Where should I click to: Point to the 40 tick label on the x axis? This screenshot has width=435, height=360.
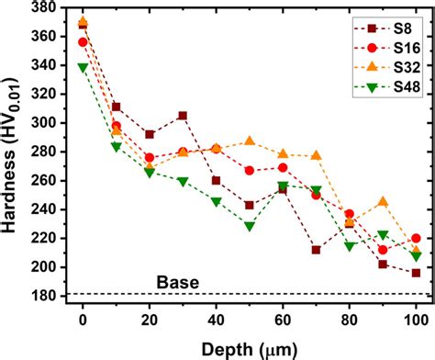pyautogui.click(x=216, y=320)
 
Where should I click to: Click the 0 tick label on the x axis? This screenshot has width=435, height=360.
pyautogui.click(x=83, y=320)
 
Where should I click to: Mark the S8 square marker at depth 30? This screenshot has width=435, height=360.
pyautogui.click(x=183, y=116)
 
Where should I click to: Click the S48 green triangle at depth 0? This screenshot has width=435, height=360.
pyautogui.click(x=83, y=67)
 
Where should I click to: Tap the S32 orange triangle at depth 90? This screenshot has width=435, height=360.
pyautogui.click(x=383, y=201)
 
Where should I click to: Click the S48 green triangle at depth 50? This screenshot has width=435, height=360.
pyautogui.click(x=249, y=226)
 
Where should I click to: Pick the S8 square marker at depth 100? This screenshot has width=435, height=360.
pyautogui.click(x=416, y=273)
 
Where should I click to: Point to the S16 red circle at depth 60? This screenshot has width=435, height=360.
pyautogui.click(x=283, y=168)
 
